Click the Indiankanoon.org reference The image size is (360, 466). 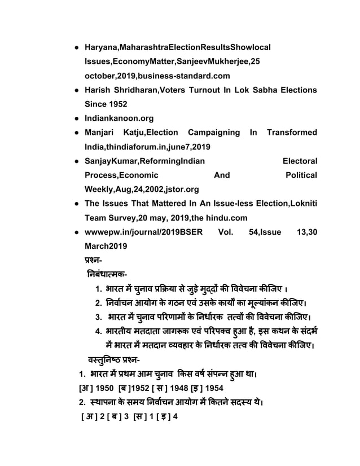click(x=119, y=119)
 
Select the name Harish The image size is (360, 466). click(x=99, y=90)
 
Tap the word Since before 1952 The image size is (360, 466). click(x=97, y=104)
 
